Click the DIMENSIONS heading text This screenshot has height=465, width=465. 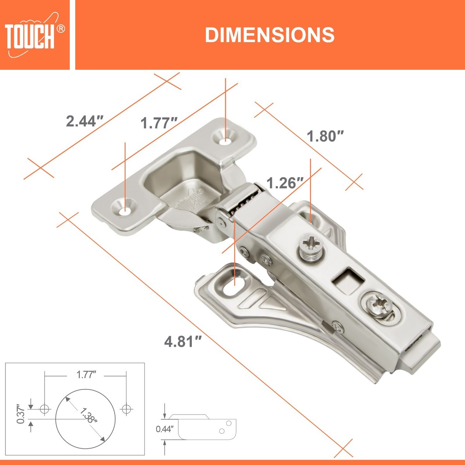coord(270,35)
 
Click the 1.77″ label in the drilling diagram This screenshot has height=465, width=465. coord(86,375)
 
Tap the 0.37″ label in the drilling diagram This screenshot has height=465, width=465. coord(21,414)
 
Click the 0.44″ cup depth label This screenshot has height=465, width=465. coord(165,429)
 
